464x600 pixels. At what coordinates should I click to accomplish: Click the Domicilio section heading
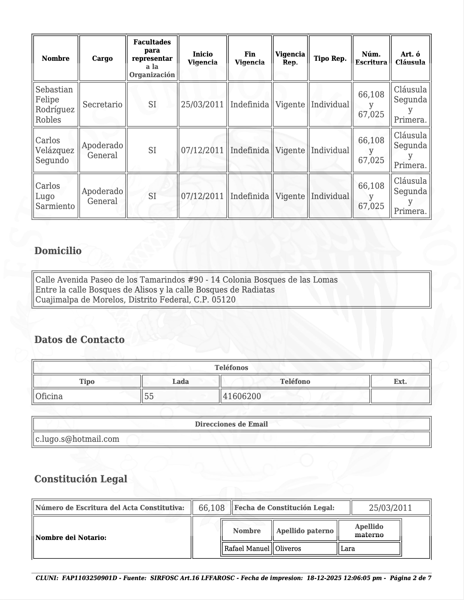click(58, 251)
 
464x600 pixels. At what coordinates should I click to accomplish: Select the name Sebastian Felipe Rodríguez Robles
click(55, 105)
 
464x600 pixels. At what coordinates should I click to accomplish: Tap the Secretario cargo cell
click(102, 105)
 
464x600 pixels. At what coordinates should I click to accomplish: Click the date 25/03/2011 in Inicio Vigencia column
click(202, 105)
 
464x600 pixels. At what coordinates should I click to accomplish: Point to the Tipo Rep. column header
click(330, 59)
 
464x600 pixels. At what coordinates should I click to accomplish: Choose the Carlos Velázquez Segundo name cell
click(55, 150)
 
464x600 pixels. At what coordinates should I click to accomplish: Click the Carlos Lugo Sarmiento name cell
click(55, 196)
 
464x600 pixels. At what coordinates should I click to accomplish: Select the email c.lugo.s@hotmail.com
click(77, 439)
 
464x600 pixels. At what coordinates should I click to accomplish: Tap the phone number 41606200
click(242, 396)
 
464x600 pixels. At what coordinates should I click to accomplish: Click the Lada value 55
click(149, 396)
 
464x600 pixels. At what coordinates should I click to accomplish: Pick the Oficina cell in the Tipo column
click(49, 396)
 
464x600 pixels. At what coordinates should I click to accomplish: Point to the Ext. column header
click(400, 382)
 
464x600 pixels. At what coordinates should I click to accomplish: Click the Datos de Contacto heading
click(79, 340)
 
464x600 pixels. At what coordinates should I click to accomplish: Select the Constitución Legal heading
click(81, 479)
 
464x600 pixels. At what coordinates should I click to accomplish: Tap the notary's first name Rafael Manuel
click(247, 549)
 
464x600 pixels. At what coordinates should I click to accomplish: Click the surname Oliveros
click(288, 549)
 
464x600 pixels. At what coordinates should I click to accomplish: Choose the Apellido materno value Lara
click(348, 549)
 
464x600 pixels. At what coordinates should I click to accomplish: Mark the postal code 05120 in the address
click(223, 300)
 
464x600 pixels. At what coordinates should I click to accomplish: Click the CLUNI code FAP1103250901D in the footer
click(89, 578)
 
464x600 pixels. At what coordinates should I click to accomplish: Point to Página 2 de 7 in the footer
click(410, 578)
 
